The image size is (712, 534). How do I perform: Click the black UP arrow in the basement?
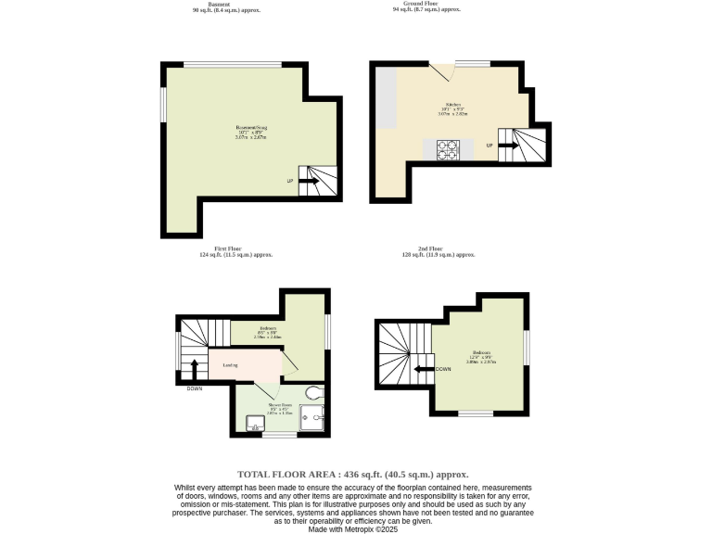coord(308,181)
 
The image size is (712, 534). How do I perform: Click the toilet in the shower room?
coord(311,393)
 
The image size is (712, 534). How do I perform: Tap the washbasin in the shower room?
coord(252,426)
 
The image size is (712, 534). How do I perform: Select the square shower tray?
coord(317,418)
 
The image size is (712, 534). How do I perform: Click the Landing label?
coord(230,365)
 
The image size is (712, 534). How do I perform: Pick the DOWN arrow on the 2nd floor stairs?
coord(425,369)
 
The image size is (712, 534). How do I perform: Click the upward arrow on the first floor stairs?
coord(195,368)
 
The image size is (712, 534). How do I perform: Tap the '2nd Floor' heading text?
coord(429,248)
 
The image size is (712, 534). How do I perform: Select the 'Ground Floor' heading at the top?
coord(426,3)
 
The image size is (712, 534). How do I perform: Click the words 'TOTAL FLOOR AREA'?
coord(286,473)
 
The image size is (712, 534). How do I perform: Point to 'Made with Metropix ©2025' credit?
coord(356,528)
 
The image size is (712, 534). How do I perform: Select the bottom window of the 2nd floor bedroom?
coord(476,413)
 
